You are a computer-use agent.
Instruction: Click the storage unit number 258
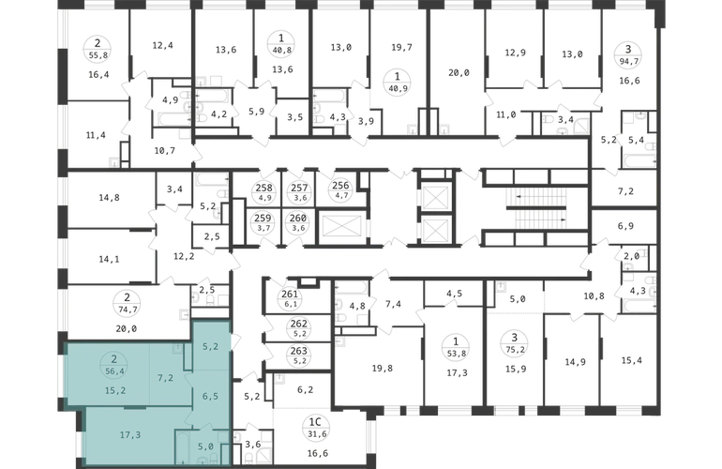click(263, 188)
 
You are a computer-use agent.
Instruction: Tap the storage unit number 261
click(290, 294)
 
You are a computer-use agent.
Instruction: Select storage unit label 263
click(299, 351)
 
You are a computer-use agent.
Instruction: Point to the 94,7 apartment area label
click(628, 59)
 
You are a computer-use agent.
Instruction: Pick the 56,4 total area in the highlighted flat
click(114, 370)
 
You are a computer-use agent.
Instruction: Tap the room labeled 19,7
click(401, 47)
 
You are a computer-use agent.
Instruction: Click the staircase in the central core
click(536, 208)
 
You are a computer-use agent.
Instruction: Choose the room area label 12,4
click(162, 45)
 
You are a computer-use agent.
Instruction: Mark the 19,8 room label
click(383, 368)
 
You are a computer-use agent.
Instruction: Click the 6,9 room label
click(625, 226)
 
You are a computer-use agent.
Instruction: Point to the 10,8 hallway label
click(594, 296)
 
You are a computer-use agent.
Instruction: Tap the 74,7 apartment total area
click(128, 310)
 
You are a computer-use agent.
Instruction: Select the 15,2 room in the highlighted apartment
click(115, 391)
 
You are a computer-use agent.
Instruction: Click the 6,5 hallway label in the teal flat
click(210, 396)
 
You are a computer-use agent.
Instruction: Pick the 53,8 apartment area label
click(456, 354)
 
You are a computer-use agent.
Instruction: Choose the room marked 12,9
click(516, 53)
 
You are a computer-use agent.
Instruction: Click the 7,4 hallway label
click(393, 304)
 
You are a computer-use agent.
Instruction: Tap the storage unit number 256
click(340, 186)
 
